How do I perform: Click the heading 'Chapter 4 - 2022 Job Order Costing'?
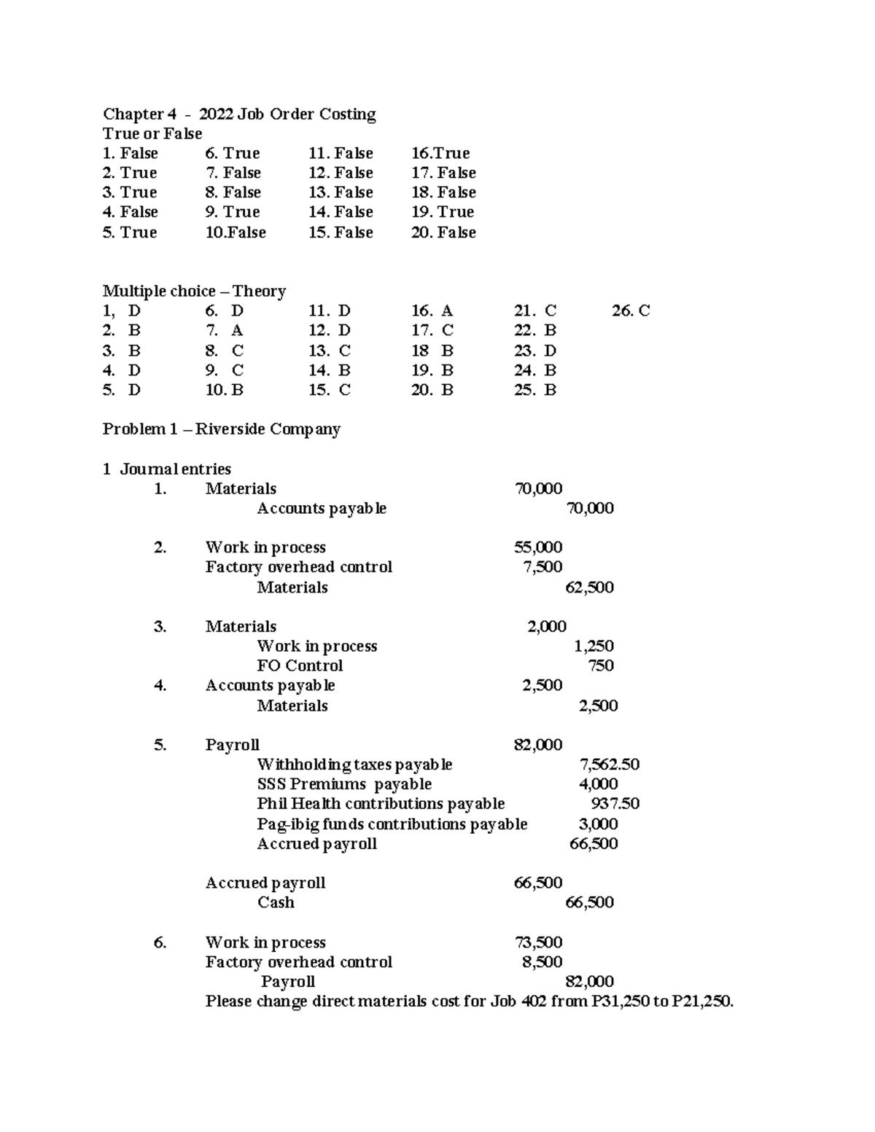[239, 114]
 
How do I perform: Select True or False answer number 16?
[440, 153]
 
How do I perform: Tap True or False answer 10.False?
[236, 233]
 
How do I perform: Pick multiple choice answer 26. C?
[631, 311]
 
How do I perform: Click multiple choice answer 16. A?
[432, 311]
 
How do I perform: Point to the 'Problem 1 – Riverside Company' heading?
[221, 429]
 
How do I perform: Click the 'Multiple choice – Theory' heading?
[194, 291]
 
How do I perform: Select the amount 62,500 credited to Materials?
[589, 588]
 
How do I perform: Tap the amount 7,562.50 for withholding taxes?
[609, 765]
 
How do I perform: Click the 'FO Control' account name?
[300, 665]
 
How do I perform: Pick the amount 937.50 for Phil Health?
[615, 803]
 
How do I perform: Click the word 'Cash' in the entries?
[276, 902]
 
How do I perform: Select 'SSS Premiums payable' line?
[344, 784]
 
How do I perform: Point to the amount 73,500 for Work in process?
[538, 942]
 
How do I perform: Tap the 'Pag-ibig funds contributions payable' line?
[392, 824]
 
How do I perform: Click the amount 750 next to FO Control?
[601, 665]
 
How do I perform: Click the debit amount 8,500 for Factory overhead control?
[542, 962]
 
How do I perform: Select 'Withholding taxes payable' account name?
[354, 765]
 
